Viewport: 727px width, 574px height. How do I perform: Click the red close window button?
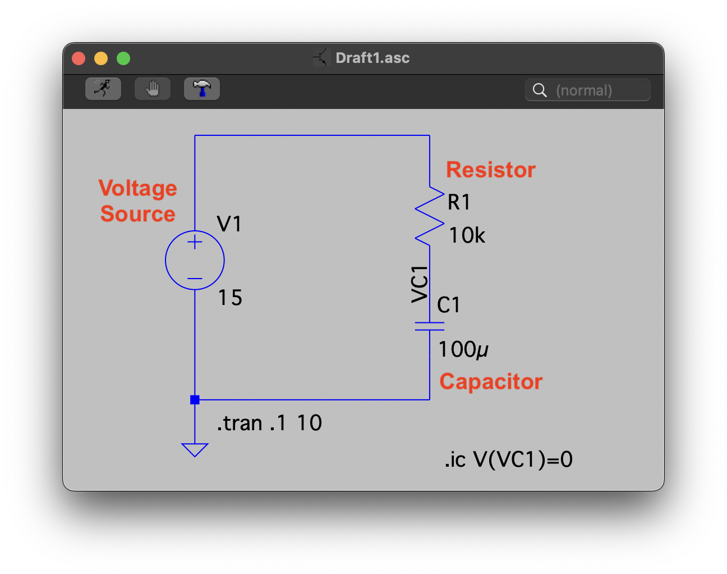(x=79, y=58)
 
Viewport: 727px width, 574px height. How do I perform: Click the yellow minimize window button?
(x=101, y=58)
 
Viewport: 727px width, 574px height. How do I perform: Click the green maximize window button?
(x=123, y=58)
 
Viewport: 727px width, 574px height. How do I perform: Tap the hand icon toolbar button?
(x=153, y=89)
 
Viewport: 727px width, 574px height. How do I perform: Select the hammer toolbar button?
(x=202, y=89)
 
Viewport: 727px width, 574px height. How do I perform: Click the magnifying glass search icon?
(x=540, y=90)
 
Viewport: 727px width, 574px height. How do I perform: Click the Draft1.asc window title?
(x=372, y=58)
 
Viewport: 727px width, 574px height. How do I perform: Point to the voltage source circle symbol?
(x=195, y=260)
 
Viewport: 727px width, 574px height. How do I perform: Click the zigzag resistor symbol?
(x=430, y=216)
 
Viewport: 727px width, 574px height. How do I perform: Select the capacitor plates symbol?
(x=430, y=326)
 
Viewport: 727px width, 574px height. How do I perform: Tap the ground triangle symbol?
(x=195, y=449)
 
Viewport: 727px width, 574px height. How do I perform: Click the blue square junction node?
(x=195, y=400)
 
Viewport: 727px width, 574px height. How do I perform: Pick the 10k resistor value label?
(x=467, y=235)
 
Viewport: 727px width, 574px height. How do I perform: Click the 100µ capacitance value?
(x=463, y=349)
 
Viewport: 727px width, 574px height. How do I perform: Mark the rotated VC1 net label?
(x=420, y=284)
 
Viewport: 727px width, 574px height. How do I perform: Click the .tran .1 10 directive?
(x=269, y=423)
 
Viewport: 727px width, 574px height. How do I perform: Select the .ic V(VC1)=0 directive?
(x=508, y=459)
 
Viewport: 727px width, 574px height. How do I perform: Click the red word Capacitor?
(x=491, y=382)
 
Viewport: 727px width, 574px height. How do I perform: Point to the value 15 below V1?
(x=230, y=298)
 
